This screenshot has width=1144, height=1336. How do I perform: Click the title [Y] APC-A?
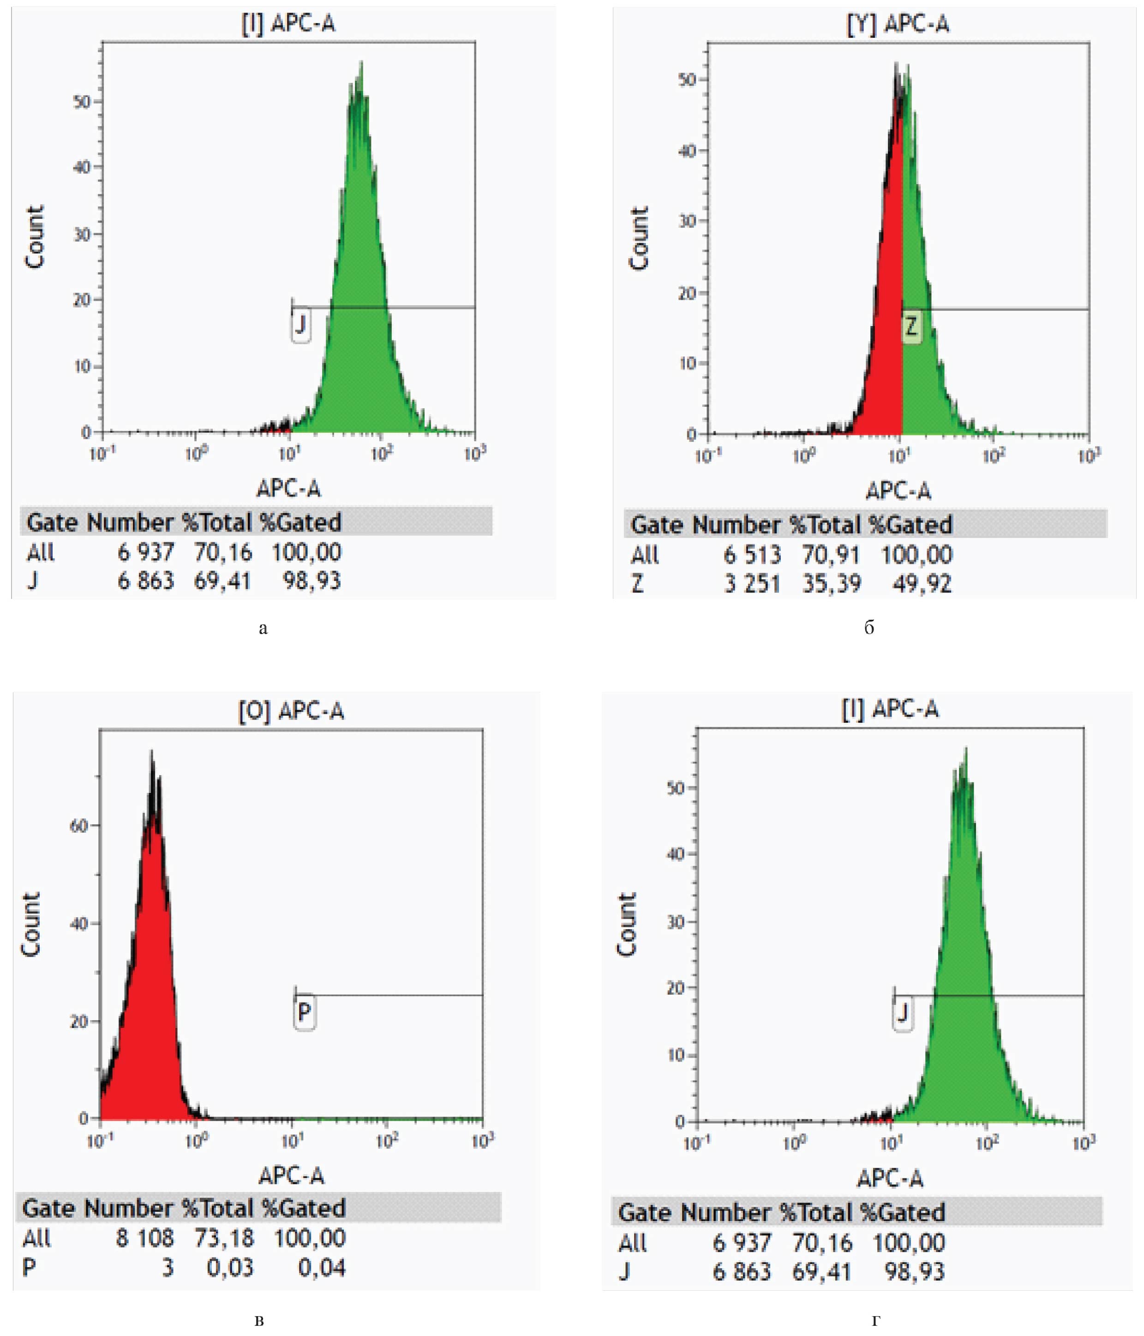[897, 24]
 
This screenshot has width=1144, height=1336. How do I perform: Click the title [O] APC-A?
[291, 711]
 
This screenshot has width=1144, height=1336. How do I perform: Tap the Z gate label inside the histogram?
[910, 327]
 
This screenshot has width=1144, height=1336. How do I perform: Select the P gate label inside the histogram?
[304, 1012]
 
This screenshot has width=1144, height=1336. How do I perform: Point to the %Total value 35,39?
[832, 584]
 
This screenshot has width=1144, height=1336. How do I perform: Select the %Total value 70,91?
[832, 555]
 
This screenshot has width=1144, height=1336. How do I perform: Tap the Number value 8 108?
[145, 1238]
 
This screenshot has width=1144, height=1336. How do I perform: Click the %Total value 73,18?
[224, 1238]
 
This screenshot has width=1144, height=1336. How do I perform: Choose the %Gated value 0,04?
[322, 1268]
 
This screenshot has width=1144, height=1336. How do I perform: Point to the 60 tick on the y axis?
[78, 826]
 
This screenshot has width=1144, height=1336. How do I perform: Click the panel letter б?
[869, 628]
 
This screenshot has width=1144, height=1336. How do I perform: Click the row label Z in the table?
[637, 584]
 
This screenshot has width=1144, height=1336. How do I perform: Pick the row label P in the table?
[29, 1268]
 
